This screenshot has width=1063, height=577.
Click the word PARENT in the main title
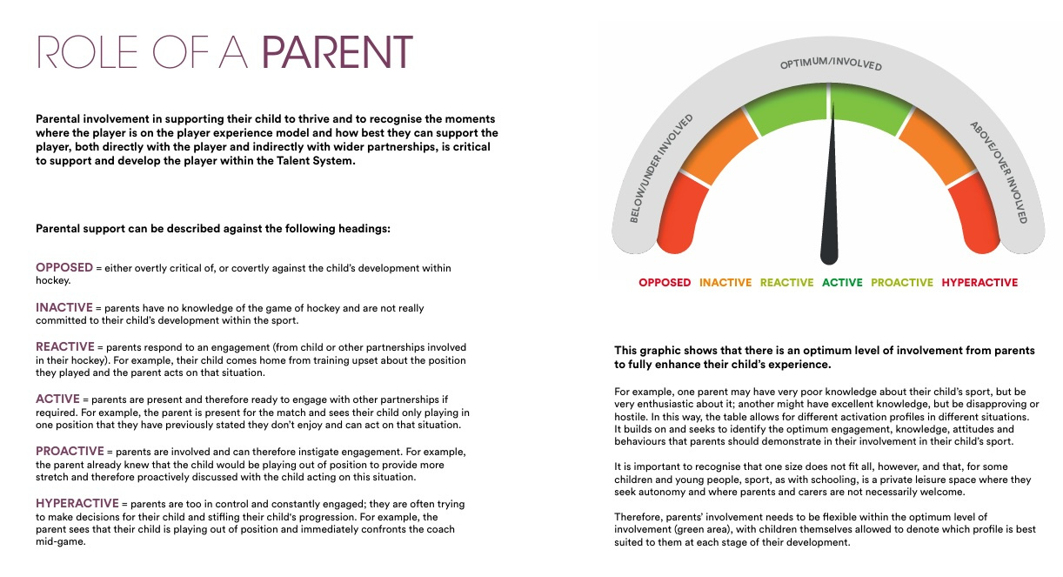(x=337, y=53)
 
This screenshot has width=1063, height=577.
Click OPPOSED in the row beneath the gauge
(x=665, y=283)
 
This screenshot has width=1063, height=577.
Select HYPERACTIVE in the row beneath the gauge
(x=979, y=283)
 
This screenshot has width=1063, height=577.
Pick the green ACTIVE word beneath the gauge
(x=842, y=283)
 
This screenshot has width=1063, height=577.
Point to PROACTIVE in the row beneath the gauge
(x=901, y=283)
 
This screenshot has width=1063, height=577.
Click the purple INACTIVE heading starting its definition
(x=65, y=308)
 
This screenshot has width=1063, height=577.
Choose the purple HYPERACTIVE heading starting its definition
(x=77, y=504)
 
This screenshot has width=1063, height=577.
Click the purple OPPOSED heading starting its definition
(x=64, y=268)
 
